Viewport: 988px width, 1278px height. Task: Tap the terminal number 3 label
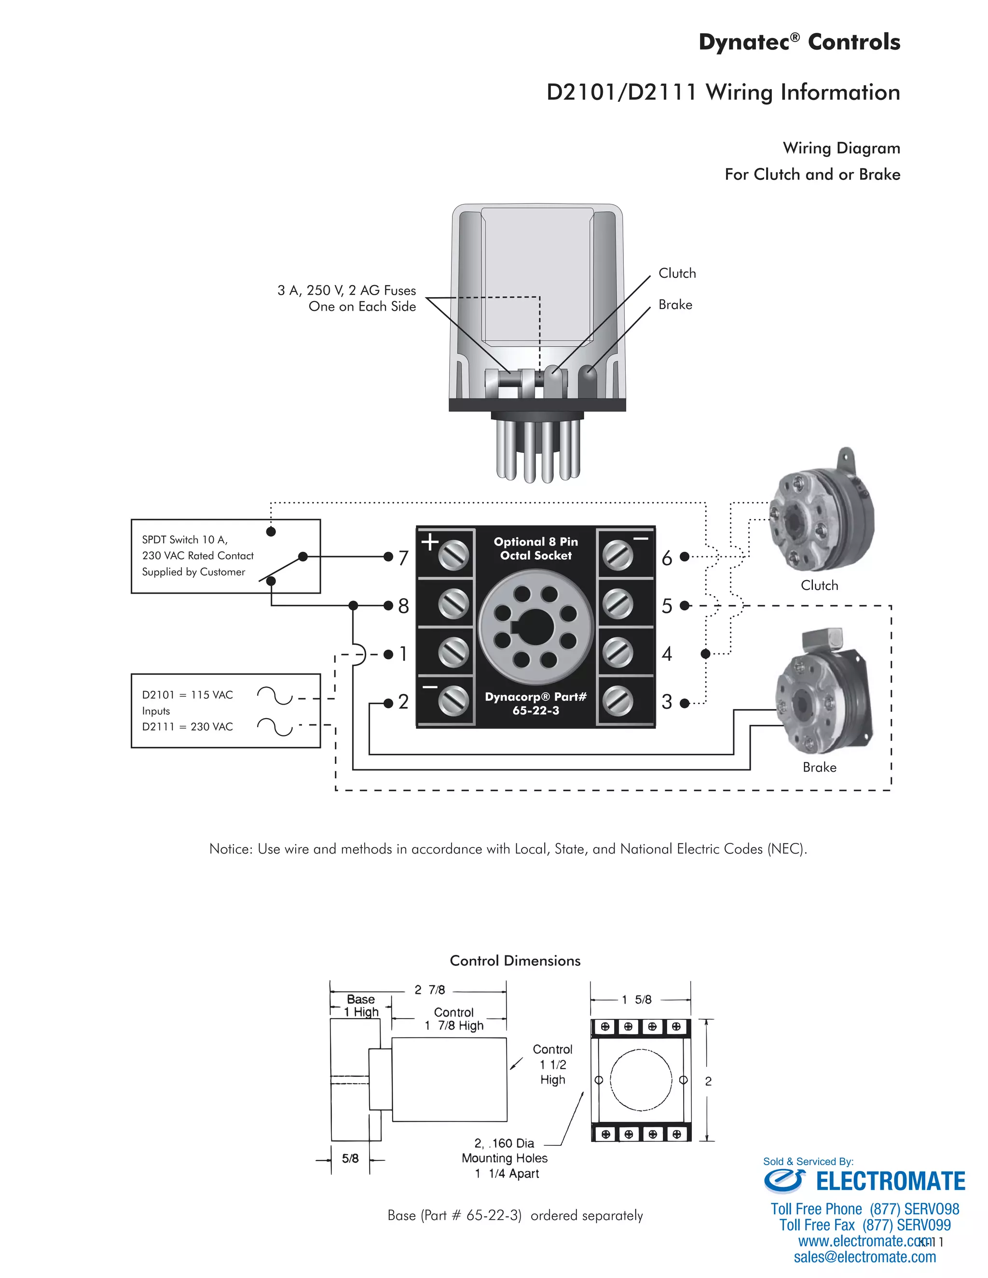[667, 702]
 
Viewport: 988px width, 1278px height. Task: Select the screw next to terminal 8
[453, 604]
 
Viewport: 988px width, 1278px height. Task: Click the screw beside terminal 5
[617, 604]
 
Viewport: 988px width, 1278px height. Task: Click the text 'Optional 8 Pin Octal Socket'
[535, 548]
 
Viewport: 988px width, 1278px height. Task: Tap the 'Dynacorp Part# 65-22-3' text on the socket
[535, 703]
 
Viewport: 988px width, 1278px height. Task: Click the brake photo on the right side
[823, 699]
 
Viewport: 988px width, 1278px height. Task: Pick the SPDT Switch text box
[225, 556]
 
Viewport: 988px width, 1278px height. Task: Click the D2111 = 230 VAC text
[187, 727]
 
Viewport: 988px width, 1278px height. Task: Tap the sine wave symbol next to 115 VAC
[274, 695]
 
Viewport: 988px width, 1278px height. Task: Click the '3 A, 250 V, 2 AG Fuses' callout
[346, 290]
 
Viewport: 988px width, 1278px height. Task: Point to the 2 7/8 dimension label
[430, 990]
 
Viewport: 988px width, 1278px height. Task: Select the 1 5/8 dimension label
[636, 999]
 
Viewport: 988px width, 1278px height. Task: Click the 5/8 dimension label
[350, 1158]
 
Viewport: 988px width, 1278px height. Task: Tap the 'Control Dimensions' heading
[515, 961]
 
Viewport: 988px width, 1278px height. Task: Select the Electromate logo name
[890, 1182]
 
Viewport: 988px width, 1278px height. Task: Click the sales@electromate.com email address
[864, 1257]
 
